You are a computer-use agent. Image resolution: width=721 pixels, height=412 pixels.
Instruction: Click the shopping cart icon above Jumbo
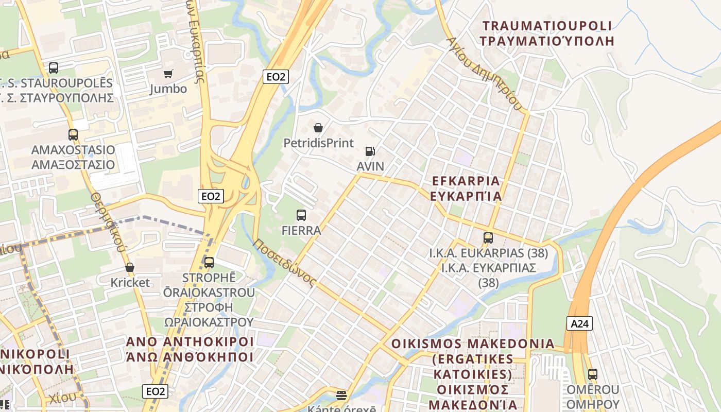[x=168, y=74]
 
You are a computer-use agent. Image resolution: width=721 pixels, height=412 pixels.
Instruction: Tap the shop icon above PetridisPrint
[x=318, y=128]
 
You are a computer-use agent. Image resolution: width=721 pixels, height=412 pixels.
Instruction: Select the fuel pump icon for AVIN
[x=370, y=151]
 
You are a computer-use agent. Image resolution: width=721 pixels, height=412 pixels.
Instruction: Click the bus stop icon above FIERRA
[x=301, y=215]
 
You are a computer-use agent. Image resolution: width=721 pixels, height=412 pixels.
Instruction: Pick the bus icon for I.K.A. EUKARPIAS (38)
[x=488, y=238]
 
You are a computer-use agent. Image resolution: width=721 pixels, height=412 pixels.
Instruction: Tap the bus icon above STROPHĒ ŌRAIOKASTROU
[x=209, y=263]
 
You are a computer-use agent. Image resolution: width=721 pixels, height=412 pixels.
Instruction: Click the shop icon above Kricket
[x=130, y=267]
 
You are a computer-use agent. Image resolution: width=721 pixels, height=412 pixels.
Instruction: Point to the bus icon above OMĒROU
[x=593, y=374]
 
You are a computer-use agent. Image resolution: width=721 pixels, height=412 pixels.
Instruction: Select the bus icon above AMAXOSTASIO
[x=73, y=135]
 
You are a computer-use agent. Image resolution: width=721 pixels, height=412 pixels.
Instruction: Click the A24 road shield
[x=579, y=323]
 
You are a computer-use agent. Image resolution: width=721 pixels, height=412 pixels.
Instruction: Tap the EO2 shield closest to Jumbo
[x=276, y=77]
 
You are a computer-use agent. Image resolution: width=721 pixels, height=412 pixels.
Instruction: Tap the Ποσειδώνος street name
[x=284, y=262]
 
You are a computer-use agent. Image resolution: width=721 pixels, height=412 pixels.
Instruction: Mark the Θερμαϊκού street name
[x=108, y=221]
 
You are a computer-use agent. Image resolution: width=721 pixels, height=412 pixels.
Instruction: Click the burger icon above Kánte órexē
[x=341, y=396]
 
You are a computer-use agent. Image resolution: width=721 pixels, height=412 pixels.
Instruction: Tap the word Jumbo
[x=168, y=89]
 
